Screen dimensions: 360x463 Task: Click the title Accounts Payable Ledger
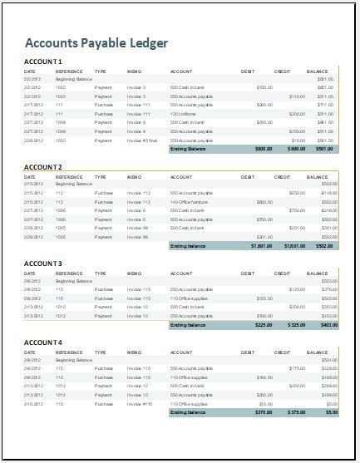pyautogui.click(x=96, y=43)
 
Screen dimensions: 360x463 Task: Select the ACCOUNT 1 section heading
pyautogui.click(x=43, y=62)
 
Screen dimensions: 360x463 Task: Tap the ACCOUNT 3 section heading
pyautogui.click(x=43, y=264)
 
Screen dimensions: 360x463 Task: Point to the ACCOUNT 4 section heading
pyautogui.click(x=43, y=342)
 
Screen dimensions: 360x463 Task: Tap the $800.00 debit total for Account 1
pyautogui.click(x=263, y=150)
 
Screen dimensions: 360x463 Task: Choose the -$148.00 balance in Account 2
pyautogui.click(x=328, y=193)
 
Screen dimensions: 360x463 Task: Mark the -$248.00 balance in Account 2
pyautogui.click(x=328, y=211)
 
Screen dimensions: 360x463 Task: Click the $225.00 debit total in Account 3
pyautogui.click(x=263, y=325)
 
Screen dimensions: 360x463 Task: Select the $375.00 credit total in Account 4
pyautogui.click(x=296, y=412)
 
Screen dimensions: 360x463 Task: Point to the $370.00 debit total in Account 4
pyautogui.click(x=263, y=412)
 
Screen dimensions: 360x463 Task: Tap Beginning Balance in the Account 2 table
pyautogui.click(x=74, y=184)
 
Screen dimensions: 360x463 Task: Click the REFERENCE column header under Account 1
pyautogui.click(x=69, y=71)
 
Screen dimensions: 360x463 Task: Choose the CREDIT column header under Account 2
pyautogui.click(x=282, y=177)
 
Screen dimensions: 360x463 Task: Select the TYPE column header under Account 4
pyautogui.click(x=101, y=352)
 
